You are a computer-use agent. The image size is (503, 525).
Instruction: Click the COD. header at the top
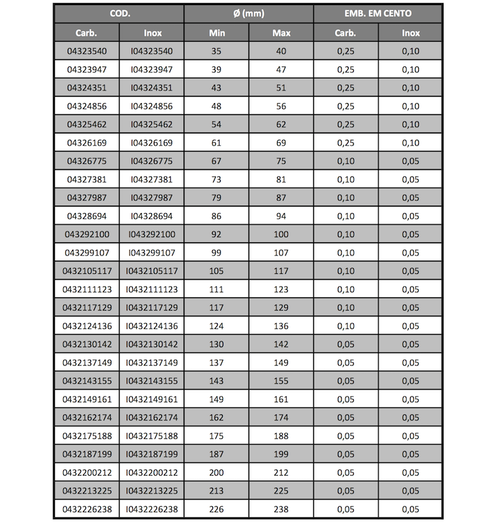(x=119, y=13)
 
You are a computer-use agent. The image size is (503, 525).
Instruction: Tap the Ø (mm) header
(x=249, y=13)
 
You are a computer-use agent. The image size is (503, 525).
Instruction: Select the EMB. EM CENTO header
(x=378, y=13)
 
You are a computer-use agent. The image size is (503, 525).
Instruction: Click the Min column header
(x=216, y=33)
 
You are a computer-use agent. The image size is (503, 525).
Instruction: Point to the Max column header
(x=281, y=33)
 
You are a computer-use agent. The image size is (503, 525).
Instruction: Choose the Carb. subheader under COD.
(x=86, y=33)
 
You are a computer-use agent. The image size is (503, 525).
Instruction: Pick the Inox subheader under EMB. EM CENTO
(x=410, y=33)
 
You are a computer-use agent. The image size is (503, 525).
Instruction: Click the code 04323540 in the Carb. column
(x=87, y=51)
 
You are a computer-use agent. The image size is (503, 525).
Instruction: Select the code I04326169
(x=151, y=143)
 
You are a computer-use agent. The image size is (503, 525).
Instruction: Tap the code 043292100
(x=87, y=235)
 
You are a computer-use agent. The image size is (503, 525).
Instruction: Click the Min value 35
(x=216, y=51)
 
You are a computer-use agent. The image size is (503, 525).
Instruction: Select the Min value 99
(x=216, y=253)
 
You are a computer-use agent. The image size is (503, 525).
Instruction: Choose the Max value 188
(x=281, y=436)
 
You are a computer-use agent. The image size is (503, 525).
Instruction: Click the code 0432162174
(x=87, y=417)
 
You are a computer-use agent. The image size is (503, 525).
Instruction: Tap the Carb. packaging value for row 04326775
(x=345, y=161)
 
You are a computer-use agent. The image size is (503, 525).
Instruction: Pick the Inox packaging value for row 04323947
(x=410, y=70)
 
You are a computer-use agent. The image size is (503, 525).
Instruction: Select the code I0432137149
(x=151, y=363)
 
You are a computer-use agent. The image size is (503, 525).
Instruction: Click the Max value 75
(x=281, y=161)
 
